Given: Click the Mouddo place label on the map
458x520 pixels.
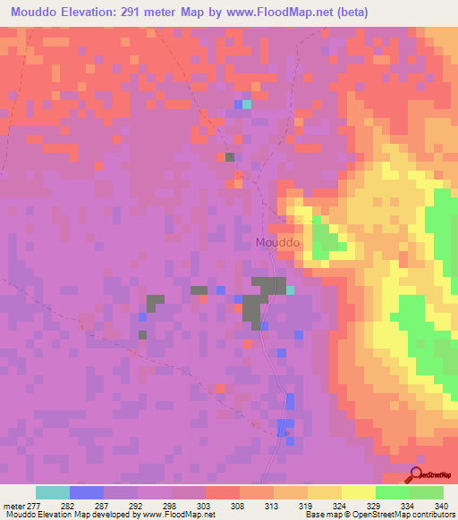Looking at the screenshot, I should (277, 242).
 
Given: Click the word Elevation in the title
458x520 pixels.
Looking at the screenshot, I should (99, 13).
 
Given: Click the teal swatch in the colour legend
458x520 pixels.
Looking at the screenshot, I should (52, 492).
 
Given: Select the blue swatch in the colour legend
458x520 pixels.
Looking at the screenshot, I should (86, 492).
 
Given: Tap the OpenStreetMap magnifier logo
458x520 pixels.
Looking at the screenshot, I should (417, 475).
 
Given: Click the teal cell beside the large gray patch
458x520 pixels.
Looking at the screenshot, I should (290, 289).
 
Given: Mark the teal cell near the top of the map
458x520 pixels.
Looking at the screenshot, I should (247, 105).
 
